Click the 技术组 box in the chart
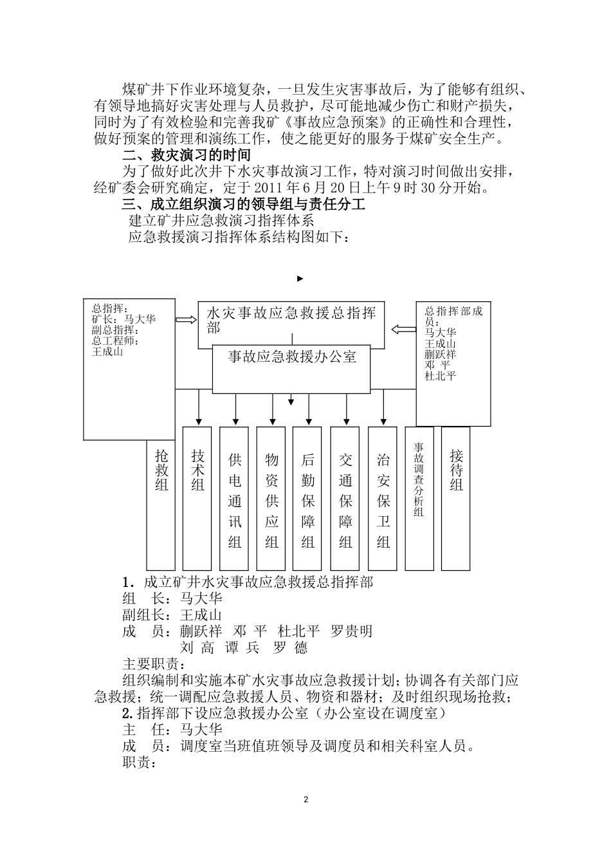(x=197, y=498)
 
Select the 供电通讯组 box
(x=235, y=498)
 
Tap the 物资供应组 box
(x=271, y=498)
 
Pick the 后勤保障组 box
(x=308, y=498)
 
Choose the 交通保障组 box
(x=346, y=498)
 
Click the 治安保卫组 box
(x=383, y=498)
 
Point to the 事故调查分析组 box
(x=419, y=498)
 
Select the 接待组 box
(x=456, y=498)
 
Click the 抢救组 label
(x=162, y=470)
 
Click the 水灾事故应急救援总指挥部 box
(x=291, y=320)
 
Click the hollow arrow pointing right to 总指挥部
(x=187, y=320)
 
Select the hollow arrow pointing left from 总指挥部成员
(x=403, y=330)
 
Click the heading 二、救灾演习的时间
(x=186, y=155)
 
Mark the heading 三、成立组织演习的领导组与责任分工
(x=244, y=205)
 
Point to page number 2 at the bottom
(x=305, y=799)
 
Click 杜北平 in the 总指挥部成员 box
(x=441, y=375)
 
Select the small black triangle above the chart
(x=300, y=279)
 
